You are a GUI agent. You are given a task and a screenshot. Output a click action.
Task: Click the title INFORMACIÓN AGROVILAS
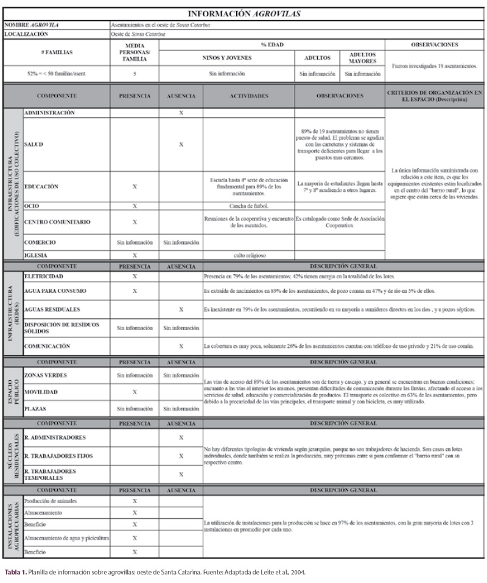[x=243, y=13]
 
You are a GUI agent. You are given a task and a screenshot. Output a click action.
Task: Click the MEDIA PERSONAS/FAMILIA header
[x=135, y=53]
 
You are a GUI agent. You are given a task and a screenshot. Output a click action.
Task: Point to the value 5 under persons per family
[x=135, y=74]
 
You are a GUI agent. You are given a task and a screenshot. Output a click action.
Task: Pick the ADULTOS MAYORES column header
[x=362, y=58]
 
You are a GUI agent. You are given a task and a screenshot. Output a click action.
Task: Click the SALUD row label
[x=33, y=144]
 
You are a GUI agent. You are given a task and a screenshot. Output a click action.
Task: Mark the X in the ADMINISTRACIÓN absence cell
[x=181, y=113]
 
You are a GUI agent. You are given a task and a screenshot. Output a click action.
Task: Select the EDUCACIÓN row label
[x=41, y=187]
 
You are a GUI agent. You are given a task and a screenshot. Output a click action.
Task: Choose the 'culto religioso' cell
[x=248, y=256]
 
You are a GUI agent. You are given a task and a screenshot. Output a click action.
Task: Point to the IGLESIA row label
[x=36, y=256]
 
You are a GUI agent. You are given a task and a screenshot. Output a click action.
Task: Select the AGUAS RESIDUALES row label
[x=54, y=309]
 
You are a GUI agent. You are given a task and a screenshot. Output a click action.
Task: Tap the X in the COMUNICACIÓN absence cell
[x=181, y=346]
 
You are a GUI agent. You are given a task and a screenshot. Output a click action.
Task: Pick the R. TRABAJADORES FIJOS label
[x=59, y=456]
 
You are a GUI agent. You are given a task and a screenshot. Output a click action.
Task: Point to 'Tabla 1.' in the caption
[x=16, y=572]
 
